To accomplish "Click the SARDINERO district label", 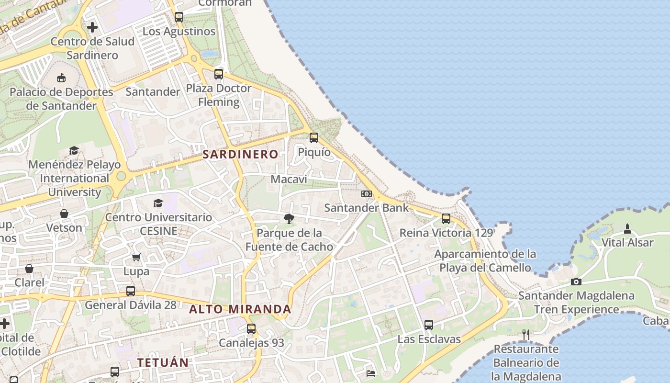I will point(240,154).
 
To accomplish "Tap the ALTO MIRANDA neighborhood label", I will point(240,309).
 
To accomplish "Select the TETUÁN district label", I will point(163,363).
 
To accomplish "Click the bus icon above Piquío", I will point(314,138).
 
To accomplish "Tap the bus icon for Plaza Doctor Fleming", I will point(219,74).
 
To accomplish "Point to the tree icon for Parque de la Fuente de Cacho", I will point(289,219).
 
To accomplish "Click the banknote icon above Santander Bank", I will point(367,194).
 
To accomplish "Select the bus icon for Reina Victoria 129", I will point(446,219).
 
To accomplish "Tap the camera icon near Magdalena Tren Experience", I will point(576,282).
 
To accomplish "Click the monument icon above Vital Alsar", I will point(627,229).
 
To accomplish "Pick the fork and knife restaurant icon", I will point(526,335).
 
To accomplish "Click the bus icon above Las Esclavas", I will point(429,325).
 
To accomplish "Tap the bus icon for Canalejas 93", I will point(251,329).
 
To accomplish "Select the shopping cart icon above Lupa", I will point(136,258).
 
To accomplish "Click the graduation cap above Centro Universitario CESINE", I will point(158,203).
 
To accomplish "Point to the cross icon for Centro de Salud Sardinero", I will point(92,27).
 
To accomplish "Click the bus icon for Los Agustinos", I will point(179,17).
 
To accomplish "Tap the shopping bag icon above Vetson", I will point(64,214).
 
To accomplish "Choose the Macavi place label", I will point(289,179).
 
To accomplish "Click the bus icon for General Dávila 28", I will point(131,291).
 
